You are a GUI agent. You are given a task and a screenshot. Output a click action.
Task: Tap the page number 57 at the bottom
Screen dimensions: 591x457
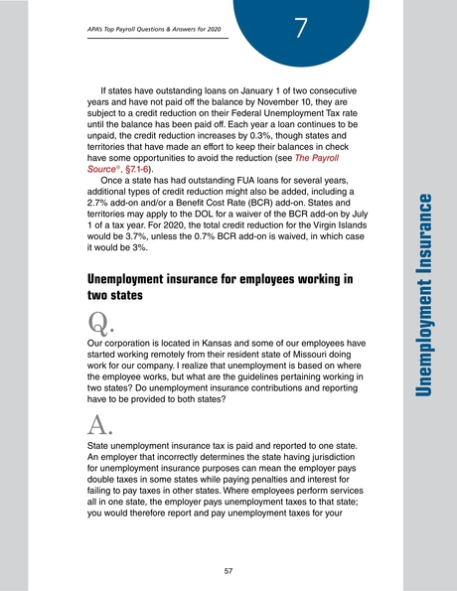point(228,570)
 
